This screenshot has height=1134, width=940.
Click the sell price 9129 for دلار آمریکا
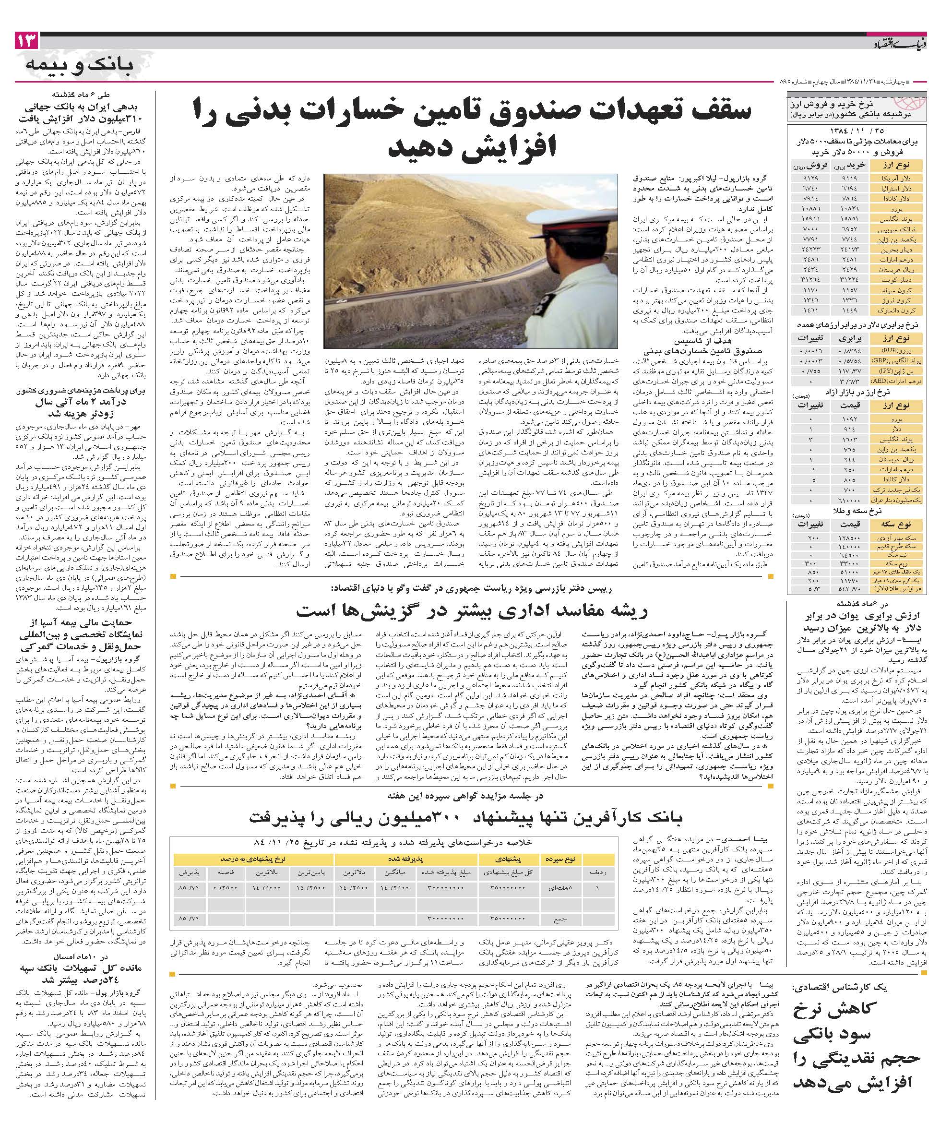click(x=806, y=177)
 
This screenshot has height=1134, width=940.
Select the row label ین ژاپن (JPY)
click(x=901, y=371)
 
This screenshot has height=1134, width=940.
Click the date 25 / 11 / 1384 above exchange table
click(x=859, y=130)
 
